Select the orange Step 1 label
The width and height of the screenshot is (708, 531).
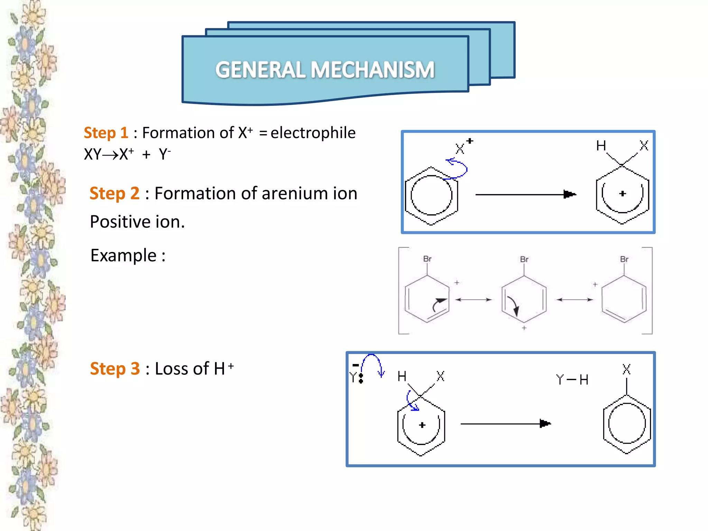(x=106, y=133)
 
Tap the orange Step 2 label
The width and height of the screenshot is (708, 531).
(x=114, y=193)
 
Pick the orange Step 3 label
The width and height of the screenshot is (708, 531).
(x=115, y=369)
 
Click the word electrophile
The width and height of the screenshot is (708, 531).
(x=313, y=133)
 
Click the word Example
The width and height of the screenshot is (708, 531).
(x=123, y=256)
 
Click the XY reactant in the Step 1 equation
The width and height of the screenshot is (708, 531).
(x=92, y=155)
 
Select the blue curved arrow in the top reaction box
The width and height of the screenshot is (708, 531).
(x=457, y=168)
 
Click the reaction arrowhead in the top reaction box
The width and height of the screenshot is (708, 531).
(x=569, y=194)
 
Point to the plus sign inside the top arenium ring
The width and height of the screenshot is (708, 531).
(x=623, y=194)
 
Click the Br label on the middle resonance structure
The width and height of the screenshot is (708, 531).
(x=524, y=259)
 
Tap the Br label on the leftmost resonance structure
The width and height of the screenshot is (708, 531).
(x=427, y=259)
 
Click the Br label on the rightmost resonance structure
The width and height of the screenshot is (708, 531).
(x=624, y=259)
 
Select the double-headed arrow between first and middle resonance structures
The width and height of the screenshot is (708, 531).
(x=474, y=300)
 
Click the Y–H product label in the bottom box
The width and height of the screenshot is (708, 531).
(x=572, y=380)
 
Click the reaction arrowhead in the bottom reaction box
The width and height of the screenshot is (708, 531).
(x=545, y=423)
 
